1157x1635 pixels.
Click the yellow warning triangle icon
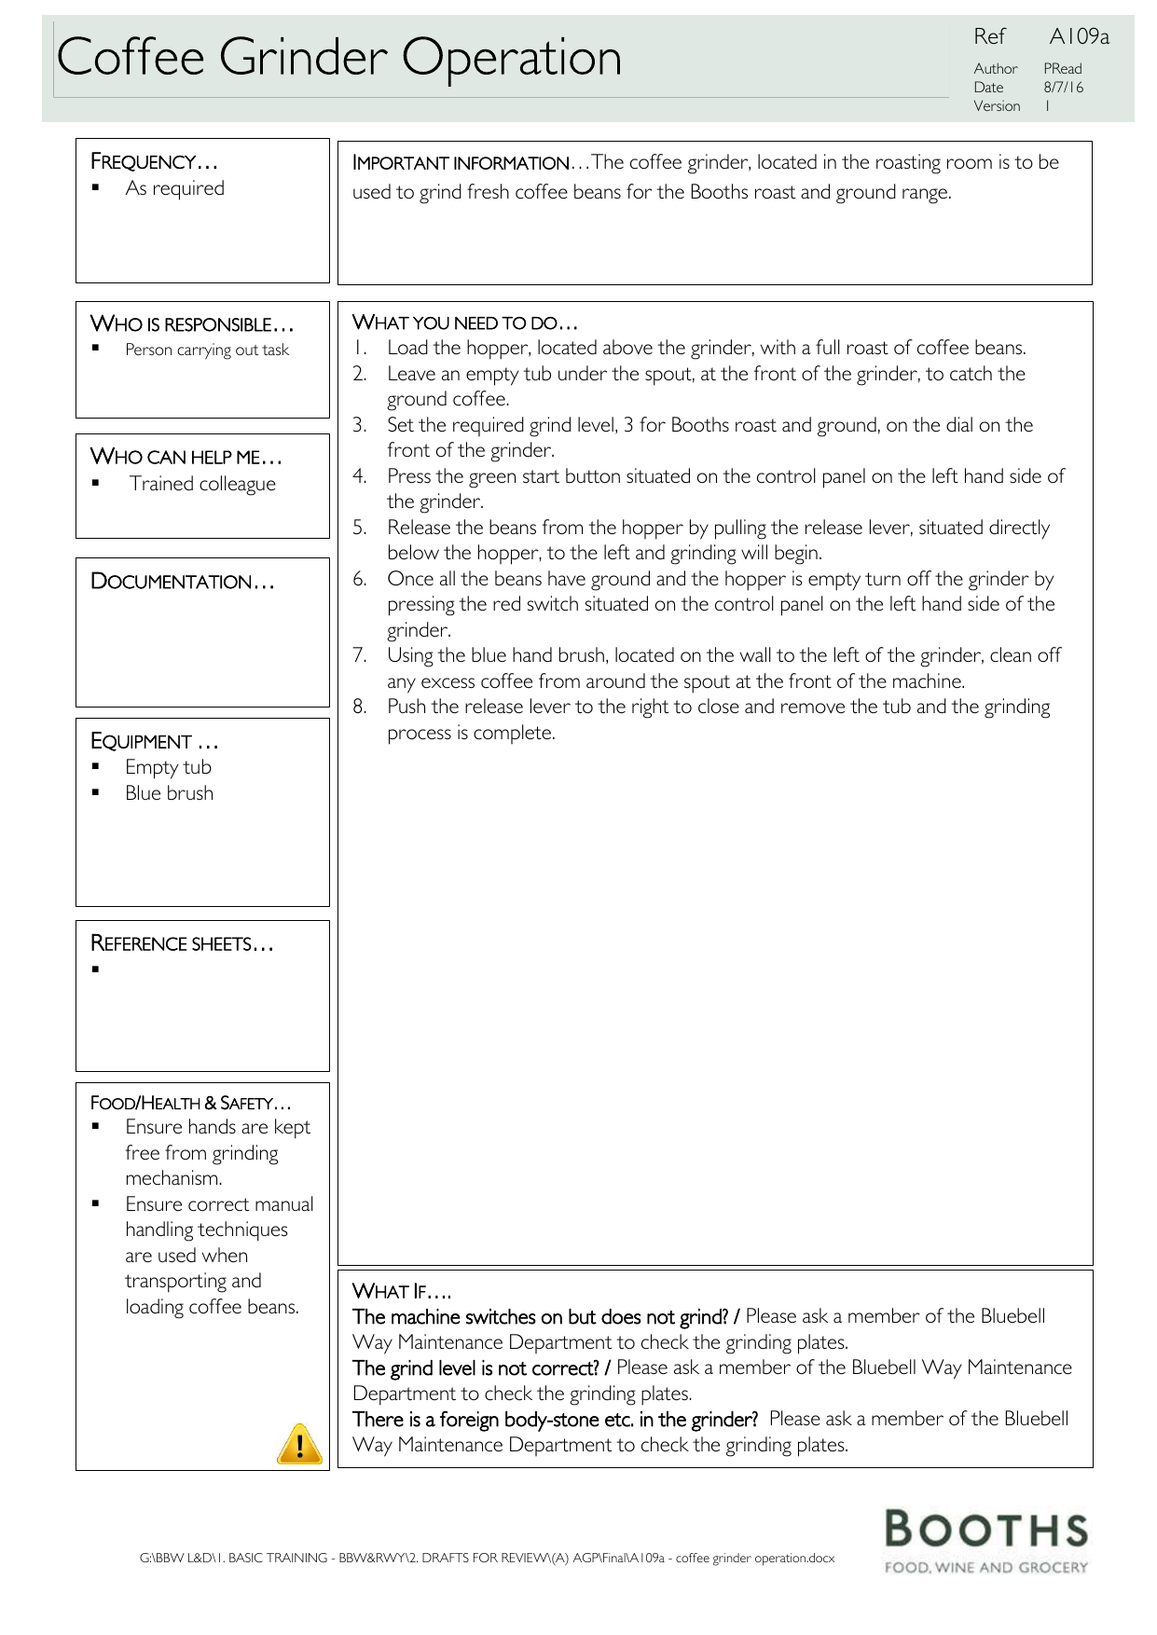(299, 1444)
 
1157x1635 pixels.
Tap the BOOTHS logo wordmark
(986, 1531)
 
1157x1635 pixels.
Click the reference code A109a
(1079, 36)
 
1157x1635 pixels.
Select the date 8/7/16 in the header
(1064, 88)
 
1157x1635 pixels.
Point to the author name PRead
(1063, 69)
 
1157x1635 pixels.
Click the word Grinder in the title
(303, 58)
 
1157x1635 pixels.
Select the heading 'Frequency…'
(154, 161)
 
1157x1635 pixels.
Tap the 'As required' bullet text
(174, 188)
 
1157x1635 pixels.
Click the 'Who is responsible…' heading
(192, 324)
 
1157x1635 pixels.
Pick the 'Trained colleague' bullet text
(202, 484)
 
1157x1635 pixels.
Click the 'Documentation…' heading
(183, 582)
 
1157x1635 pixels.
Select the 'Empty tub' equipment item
(168, 767)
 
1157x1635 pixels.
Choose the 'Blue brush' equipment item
(169, 793)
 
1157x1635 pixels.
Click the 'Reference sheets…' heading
(182, 943)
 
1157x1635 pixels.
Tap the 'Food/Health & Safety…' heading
(190, 1103)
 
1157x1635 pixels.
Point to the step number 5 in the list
(359, 528)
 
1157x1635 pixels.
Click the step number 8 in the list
(359, 707)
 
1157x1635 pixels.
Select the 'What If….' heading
(402, 1291)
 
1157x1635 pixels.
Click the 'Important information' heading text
(461, 163)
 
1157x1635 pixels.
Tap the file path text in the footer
(487, 1558)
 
